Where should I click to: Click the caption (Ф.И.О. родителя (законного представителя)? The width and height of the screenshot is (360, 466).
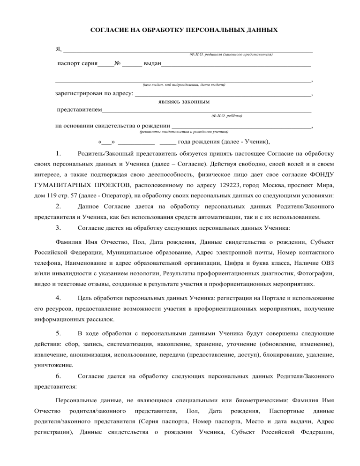231,55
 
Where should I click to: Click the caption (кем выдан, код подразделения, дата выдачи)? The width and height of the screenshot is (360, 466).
183,85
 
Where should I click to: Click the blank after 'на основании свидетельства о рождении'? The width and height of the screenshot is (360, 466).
240,127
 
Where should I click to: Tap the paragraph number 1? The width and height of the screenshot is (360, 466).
57,153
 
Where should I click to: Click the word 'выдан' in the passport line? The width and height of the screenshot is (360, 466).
152,63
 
